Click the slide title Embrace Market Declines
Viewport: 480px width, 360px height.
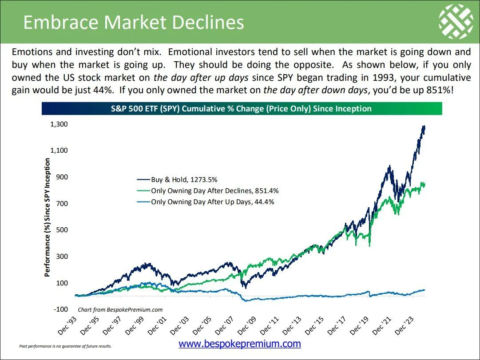coord(133,22)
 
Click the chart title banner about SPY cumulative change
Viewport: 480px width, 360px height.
coord(242,109)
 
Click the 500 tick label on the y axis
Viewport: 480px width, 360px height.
coord(62,230)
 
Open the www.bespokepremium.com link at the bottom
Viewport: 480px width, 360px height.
coord(240,344)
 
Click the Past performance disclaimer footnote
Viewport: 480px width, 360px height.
coord(65,346)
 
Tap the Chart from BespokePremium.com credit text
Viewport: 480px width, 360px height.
coord(120,310)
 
